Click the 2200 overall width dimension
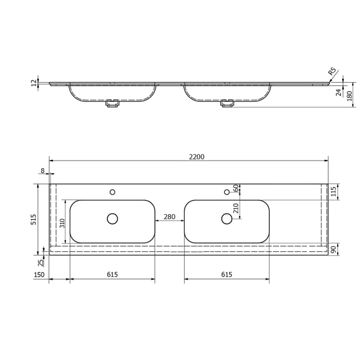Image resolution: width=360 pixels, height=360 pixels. click(x=197, y=157)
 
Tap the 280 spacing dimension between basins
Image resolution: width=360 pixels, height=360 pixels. click(x=169, y=217)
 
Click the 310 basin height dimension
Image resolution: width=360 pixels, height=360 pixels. click(x=62, y=222)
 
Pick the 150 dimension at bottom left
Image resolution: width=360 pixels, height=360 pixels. click(x=40, y=274)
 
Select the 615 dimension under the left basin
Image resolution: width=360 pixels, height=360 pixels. click(x=112, y=274)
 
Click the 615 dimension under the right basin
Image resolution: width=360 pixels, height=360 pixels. click(x=226, y=274)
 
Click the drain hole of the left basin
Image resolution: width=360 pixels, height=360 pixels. click(x=112, y=218)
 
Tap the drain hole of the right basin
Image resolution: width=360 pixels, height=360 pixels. click(x=227, y=218)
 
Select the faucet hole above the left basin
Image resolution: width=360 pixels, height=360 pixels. click(x=112, y=192)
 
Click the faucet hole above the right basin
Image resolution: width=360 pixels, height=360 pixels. click(x=227, y=192)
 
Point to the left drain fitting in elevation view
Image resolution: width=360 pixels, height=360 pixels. click(x=112, y=104)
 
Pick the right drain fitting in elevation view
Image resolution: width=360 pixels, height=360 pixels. click(x=227, y=104)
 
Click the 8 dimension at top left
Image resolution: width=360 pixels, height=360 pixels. click(x=43, y=170)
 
